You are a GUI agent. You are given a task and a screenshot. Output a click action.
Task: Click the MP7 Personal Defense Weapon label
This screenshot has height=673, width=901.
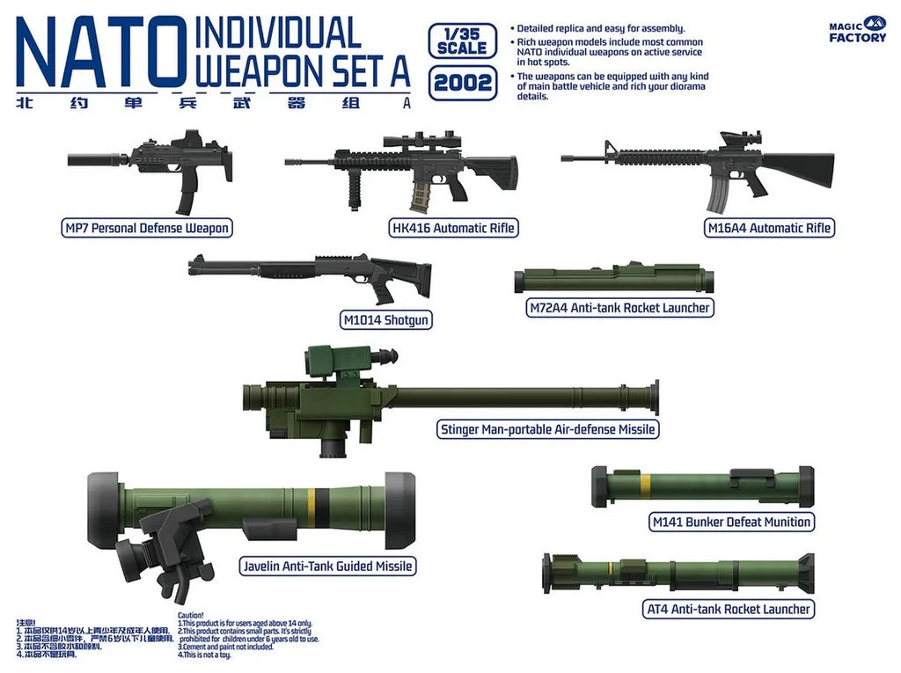pos(146,229)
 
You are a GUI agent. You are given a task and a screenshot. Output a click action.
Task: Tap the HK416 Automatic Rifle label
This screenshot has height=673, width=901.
pos(452,229)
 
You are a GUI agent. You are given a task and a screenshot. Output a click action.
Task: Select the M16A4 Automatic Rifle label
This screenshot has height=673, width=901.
pos(769,229)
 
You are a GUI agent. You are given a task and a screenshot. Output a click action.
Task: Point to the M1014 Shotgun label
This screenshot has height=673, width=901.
pos(385,320)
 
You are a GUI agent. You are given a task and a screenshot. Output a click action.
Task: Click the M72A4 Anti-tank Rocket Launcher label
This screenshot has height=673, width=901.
pos(619,308)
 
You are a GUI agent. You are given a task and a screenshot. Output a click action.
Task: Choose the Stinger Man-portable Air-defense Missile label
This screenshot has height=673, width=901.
pos(547,429)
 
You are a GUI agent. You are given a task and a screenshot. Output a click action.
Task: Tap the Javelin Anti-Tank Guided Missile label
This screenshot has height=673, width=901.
pos(327,567)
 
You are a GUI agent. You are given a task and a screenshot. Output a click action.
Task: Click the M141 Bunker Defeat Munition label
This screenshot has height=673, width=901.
pos(730,522)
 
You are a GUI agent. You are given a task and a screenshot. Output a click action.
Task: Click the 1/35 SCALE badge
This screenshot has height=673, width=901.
pos(461,40)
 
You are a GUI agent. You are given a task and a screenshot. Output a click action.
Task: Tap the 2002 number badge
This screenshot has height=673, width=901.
pos(461,85)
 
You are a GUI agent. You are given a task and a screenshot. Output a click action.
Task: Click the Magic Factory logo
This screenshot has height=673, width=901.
pos(858,29)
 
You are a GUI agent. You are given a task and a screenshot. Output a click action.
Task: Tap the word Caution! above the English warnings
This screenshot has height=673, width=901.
pos(191,615)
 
